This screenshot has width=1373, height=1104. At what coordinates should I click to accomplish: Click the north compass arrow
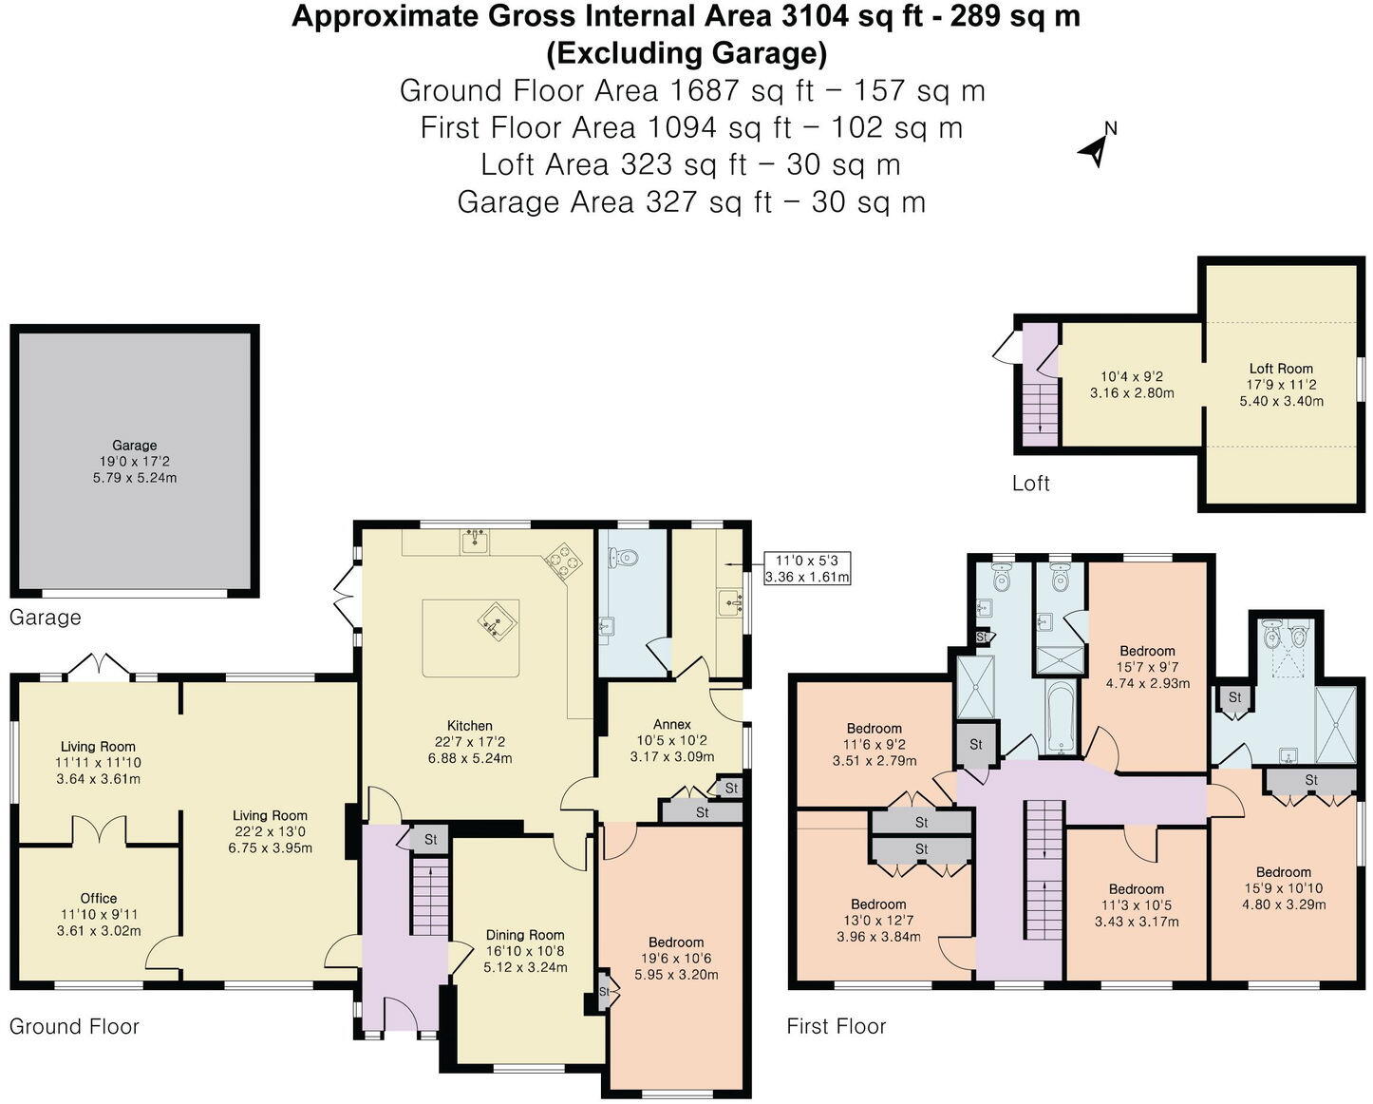click(1096, 147)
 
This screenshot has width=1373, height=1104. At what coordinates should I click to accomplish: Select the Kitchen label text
click(469, 726)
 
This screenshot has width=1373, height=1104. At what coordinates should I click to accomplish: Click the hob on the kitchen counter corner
click(562, 561)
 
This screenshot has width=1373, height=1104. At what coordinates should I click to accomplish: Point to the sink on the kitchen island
click(495, 620)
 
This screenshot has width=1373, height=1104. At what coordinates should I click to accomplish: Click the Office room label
click(99, 898)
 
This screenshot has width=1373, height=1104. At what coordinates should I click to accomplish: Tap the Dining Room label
click(525, 935)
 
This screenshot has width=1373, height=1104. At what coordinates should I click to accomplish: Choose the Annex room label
click(671, 724)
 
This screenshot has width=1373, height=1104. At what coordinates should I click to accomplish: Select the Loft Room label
click(1281, 369)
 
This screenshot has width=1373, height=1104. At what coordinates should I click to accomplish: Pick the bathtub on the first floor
click(1060, 717)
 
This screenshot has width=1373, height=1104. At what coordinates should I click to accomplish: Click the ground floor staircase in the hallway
click(429, 897)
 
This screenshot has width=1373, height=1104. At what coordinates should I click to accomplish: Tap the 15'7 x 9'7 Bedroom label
click(1147, 651)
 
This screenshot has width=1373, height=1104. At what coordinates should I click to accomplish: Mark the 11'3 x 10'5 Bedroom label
click(1137, 889)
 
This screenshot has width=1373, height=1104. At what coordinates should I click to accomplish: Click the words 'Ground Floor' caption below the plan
click(74, 1026)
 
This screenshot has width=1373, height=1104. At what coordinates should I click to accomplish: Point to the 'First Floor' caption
click(836, 1026)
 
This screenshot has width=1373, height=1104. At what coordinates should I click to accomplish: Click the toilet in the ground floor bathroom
click(623, 558)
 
